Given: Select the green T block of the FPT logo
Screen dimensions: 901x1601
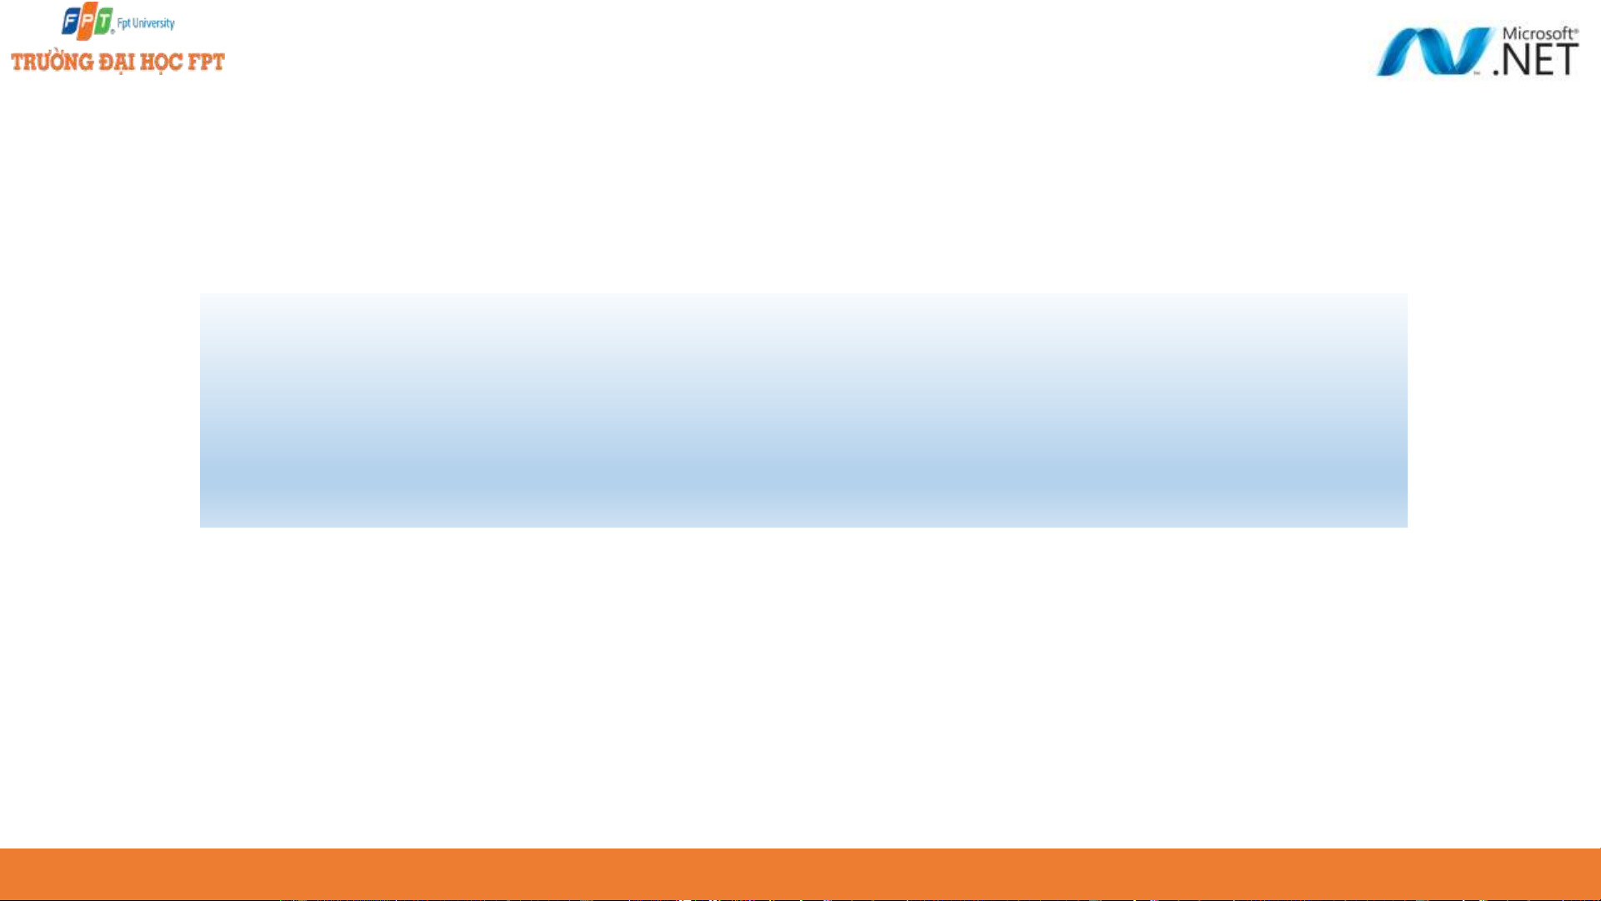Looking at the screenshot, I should [103, 19].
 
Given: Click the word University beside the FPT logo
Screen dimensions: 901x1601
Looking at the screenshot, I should [152, 23].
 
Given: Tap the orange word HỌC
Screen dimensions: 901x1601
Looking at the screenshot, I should [161, 63].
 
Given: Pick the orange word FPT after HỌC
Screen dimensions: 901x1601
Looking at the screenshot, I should [205, 63].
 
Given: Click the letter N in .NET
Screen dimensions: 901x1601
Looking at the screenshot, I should [1514, 59].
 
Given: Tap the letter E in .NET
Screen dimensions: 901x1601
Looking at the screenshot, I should [1543, 59].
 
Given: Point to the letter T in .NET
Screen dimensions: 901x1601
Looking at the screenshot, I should [1567, 59].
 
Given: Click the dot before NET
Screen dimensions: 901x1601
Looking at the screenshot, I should [1497, 72].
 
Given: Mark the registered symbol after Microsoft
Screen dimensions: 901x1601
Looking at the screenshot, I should [1575, 29].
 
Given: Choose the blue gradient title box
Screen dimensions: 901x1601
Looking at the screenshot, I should [803, 410].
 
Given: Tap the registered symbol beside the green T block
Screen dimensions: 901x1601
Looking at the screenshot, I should [113, 32].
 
